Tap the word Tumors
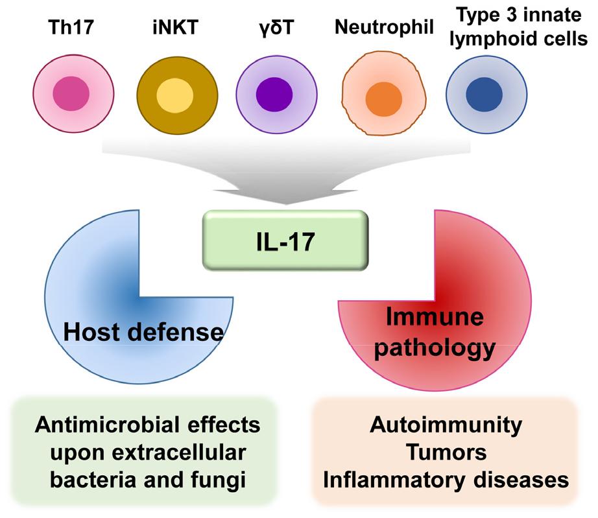pos(446,454)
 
